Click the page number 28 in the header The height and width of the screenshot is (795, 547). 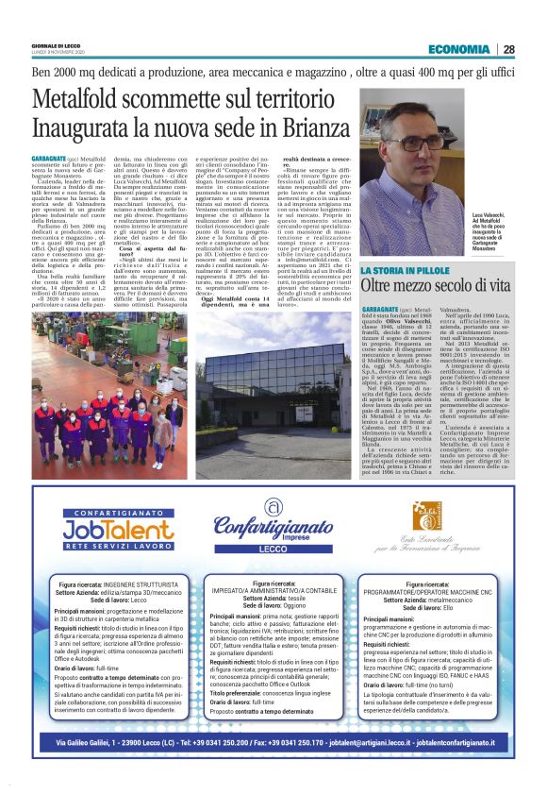tap(508, 49)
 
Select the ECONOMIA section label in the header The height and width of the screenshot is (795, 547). tap(457, 49)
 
